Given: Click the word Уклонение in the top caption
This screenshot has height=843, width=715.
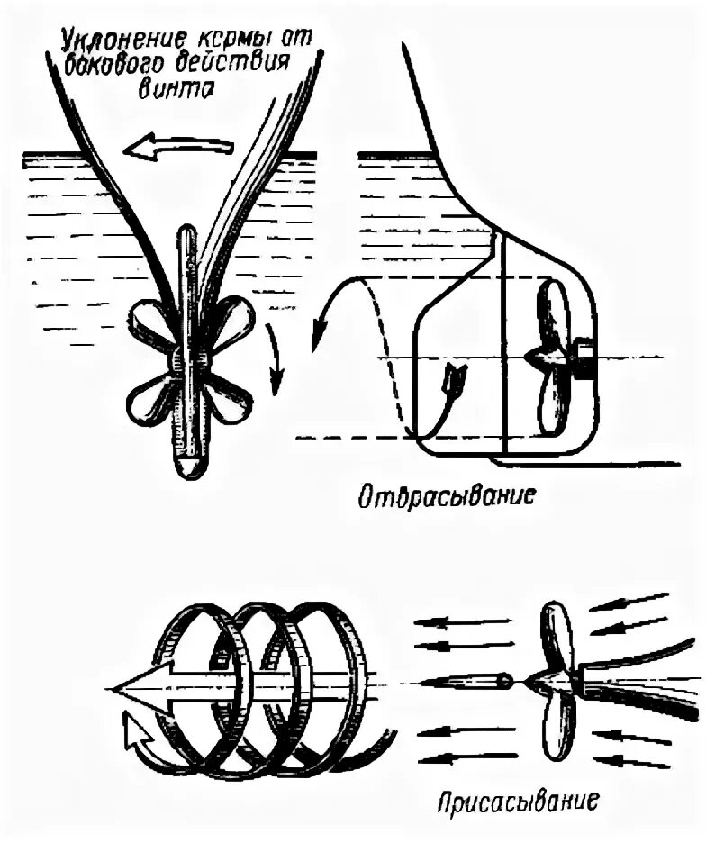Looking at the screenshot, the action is click(x=118, y=41).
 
